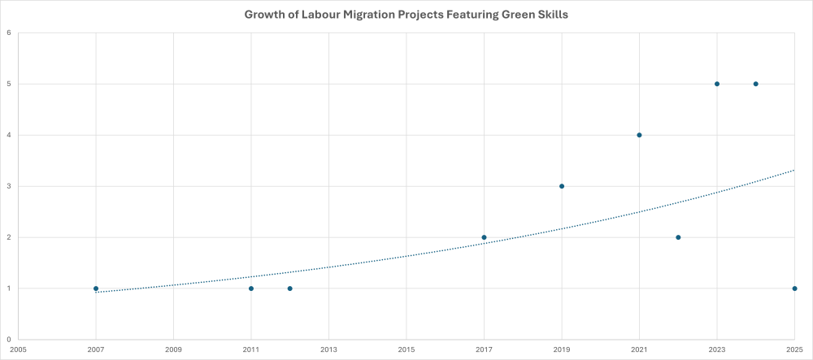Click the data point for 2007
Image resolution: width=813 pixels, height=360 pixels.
(96, 288)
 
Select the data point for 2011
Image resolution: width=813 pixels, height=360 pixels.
(251, 288)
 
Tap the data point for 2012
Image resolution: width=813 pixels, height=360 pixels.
(290, 288)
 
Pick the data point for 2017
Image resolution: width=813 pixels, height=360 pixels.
(484, 237)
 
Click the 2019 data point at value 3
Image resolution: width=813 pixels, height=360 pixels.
(562, 186)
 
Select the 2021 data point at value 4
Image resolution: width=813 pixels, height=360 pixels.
(639, 135)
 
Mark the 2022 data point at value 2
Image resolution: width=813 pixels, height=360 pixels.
(678, 237)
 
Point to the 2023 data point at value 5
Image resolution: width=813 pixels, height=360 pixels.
(717, 84)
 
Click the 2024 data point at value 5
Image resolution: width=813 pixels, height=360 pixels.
(756, 84)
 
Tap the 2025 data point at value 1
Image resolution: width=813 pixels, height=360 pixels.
(794, 288)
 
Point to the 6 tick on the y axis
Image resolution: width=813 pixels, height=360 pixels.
(8, 33)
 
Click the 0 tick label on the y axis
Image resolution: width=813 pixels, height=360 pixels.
(8, 340)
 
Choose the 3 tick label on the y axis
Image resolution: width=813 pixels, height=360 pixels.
(8, 186)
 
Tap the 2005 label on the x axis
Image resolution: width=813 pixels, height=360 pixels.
(18, 350)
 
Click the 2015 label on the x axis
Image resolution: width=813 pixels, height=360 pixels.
(406, 350)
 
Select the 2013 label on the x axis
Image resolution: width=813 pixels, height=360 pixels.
(328, 350)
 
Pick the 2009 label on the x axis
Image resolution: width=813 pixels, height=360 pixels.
(173, 350)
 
